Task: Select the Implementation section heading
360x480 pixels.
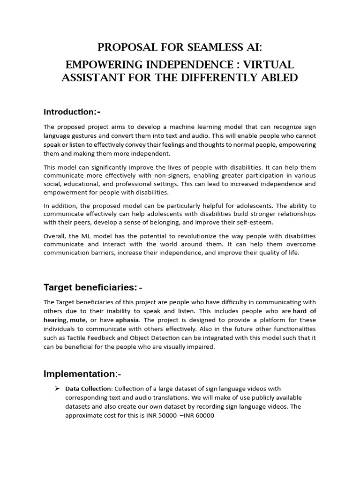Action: [79, 374]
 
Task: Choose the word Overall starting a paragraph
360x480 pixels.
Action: [55, 236]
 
